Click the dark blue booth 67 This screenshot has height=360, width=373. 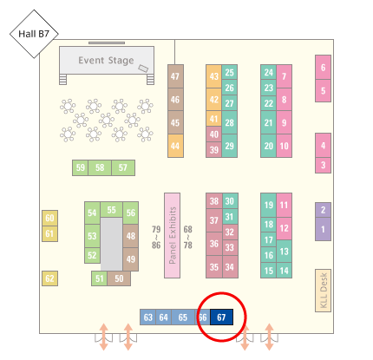(x=221, y=317)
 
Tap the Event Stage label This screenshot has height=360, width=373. (x=106, y=61)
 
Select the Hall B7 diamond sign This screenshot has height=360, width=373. (x=34, y=34)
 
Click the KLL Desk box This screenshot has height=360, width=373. (x=323, y=291)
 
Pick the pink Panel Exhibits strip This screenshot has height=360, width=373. (x=173, y=235)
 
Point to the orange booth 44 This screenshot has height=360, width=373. (x=175, y=146)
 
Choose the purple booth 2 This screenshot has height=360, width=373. (x=323, y=210)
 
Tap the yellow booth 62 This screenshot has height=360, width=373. (x=49, y=278)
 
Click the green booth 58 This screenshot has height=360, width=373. (x=100, y=167)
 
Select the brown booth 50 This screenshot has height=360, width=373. (x=119, y=278)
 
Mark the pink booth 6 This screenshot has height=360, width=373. (x=323, y=68)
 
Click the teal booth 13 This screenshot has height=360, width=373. (x=284, y=252)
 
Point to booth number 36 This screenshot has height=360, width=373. (x=214, y=244)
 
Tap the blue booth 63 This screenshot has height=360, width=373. (x=147, y=317)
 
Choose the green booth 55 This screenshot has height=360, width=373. (x=111, y=210)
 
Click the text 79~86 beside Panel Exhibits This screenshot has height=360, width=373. (x=156, y=238)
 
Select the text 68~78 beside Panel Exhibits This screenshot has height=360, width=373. (x=188, y=238)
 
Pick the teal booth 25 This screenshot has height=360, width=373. (x=230, y=72)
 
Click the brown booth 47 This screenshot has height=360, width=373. (x=175, y=76)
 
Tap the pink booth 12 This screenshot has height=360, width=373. (x=284, y=228)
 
